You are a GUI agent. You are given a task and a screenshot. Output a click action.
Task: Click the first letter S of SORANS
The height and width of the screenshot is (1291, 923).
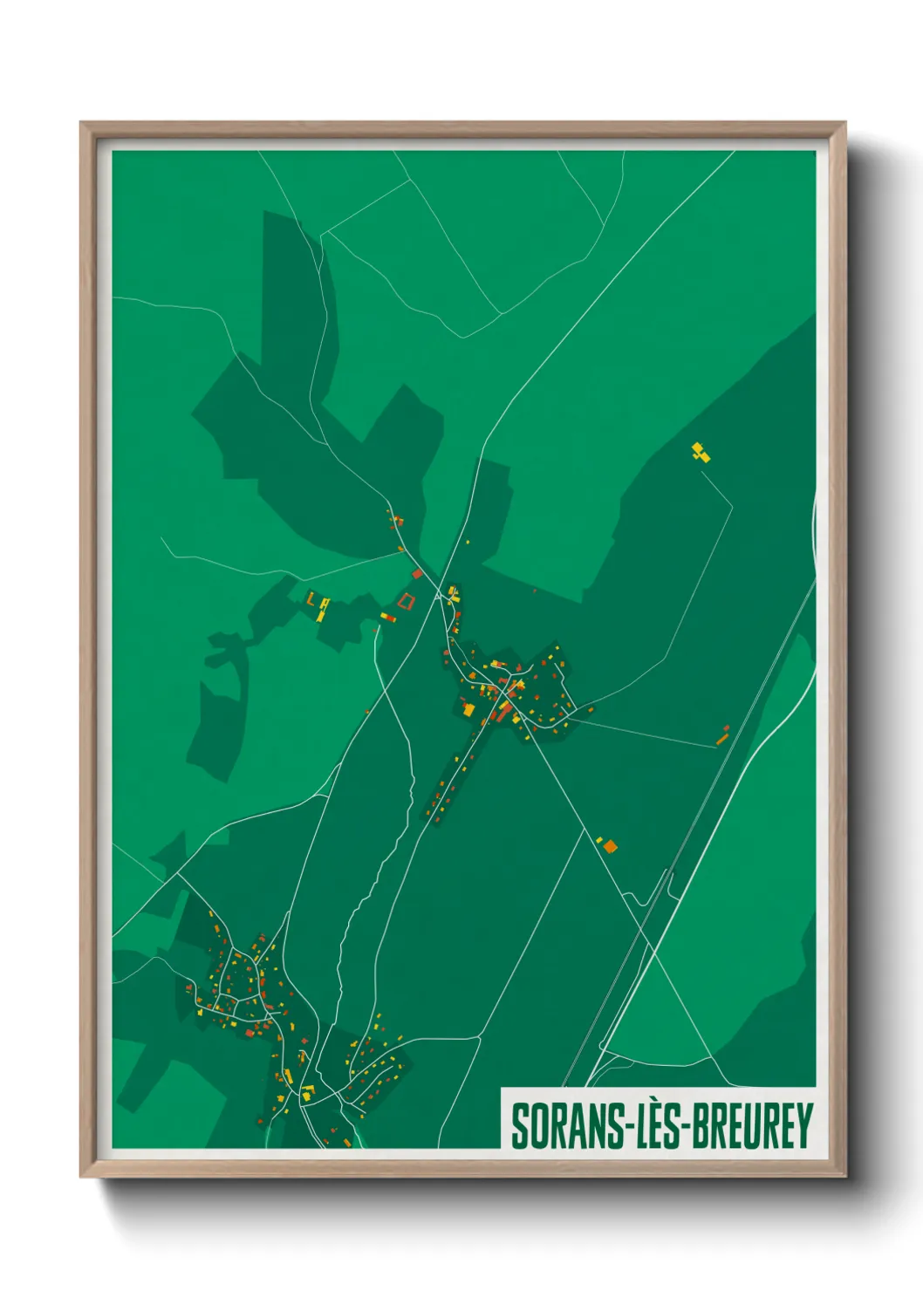point(520,1126)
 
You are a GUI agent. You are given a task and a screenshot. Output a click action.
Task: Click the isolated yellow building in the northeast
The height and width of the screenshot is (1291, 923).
point(701,452)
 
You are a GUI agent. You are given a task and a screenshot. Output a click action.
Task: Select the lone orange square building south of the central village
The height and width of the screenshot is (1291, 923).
point(611,845)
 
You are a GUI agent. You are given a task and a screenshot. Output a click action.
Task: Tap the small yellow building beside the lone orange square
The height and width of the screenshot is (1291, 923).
point(599,840)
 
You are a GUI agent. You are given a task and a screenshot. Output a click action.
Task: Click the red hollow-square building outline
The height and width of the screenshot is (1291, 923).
point(406,600)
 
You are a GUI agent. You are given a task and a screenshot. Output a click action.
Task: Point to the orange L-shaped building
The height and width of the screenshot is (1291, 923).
point(311,599)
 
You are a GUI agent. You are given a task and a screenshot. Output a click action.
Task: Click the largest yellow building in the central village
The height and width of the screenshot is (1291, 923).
point(468,709)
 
